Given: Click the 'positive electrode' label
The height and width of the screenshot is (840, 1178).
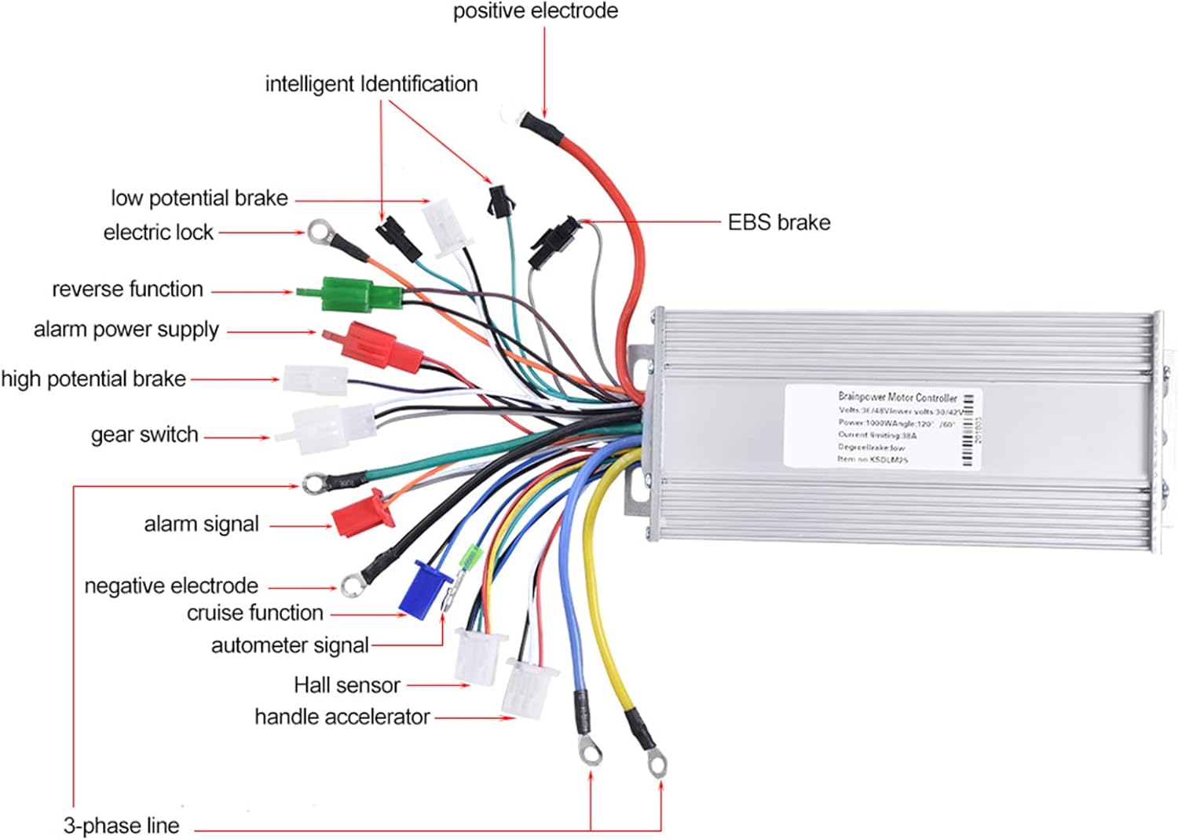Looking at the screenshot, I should coord(535,11).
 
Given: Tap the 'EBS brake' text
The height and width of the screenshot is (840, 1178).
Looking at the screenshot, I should coord(778,222).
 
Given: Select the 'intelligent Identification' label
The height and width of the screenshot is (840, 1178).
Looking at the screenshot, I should coord(371,84).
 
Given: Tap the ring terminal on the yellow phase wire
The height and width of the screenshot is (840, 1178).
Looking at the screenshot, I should coord(656,763).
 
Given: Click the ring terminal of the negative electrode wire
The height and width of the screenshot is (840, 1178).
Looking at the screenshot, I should coord(350,584).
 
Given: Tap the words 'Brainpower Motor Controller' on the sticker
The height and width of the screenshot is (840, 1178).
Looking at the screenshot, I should coord(897,397).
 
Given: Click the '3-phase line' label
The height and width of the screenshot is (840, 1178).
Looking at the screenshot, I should coord(121,825).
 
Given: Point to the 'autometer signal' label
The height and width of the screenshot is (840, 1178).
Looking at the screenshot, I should coord(290,645).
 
